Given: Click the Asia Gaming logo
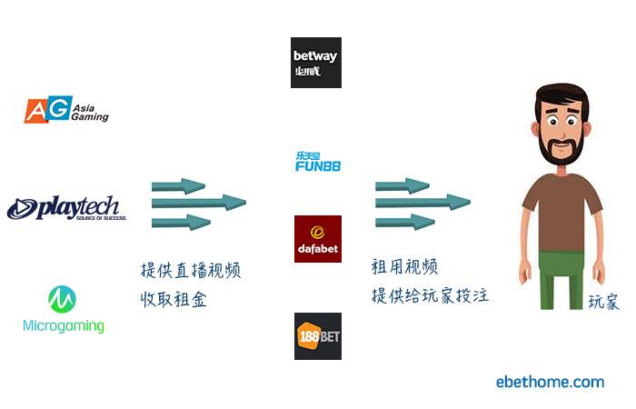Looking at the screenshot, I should [x=66, y=110].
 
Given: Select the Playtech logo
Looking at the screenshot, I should [x=65, y=208].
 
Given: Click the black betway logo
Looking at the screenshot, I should [x=316, y=63].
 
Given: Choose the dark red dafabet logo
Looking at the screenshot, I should [x=317, y=239].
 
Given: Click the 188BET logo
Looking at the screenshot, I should [x=317, y=335].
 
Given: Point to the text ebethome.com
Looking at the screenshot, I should [x=550, y=382].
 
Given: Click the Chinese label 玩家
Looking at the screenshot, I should [x=603, y=303].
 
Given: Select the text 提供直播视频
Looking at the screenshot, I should [x=191, y=270].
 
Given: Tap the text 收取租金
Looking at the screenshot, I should [x=174, y=299].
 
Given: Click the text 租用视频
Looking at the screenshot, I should [x=404, y=267].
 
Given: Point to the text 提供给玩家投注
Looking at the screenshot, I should [x=430, y=295].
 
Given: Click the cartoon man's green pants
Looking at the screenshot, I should [x=560, y=277].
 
